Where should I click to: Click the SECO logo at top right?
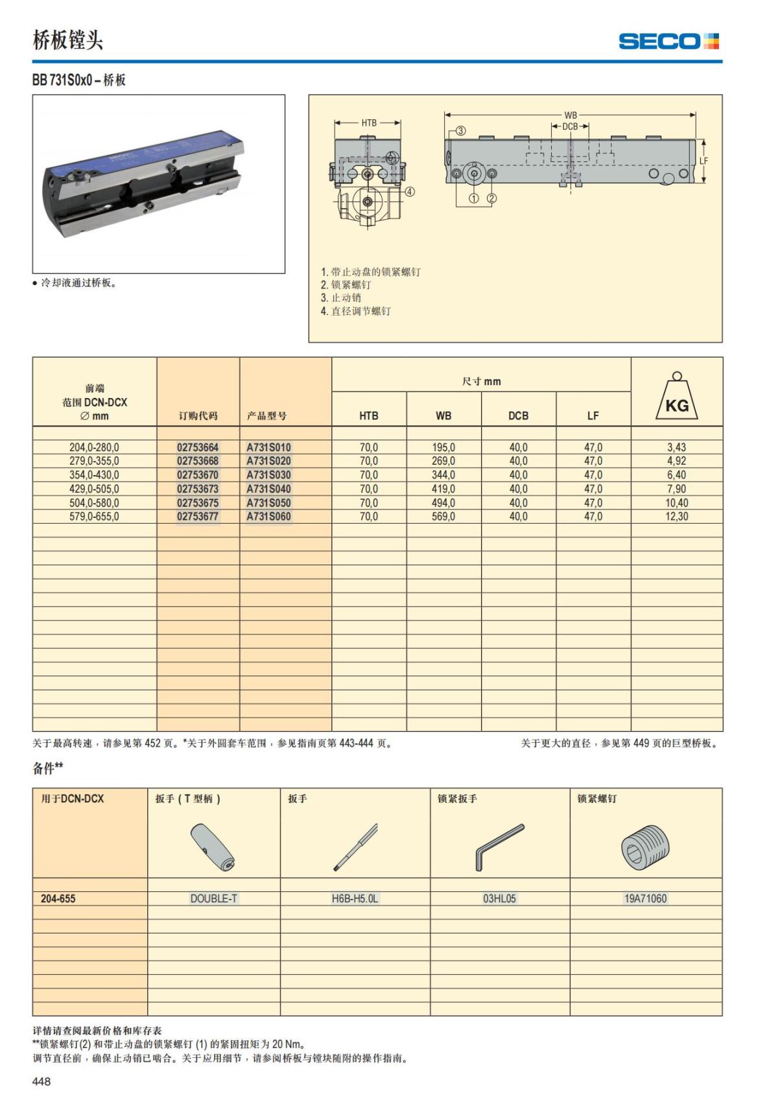click(668, 41)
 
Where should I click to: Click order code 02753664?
click(198, 447)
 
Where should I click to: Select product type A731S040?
click(268, 489)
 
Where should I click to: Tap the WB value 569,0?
click(443, 517)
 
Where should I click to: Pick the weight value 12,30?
click(676, 517)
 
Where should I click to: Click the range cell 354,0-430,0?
click(94, 475)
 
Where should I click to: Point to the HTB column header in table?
click(368, 415)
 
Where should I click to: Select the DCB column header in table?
click(518, 415)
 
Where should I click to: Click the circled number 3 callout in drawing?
click(460, 130)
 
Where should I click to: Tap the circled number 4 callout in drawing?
click(410, 191)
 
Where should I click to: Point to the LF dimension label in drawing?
click(703, 161)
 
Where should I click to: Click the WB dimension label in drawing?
click(571, 115)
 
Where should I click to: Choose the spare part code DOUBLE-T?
click(213, 898)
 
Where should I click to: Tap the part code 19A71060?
click(645, 898)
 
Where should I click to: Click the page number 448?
click(41, 1081)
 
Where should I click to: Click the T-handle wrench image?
click(213, 848)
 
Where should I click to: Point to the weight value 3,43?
click(676, 447)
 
